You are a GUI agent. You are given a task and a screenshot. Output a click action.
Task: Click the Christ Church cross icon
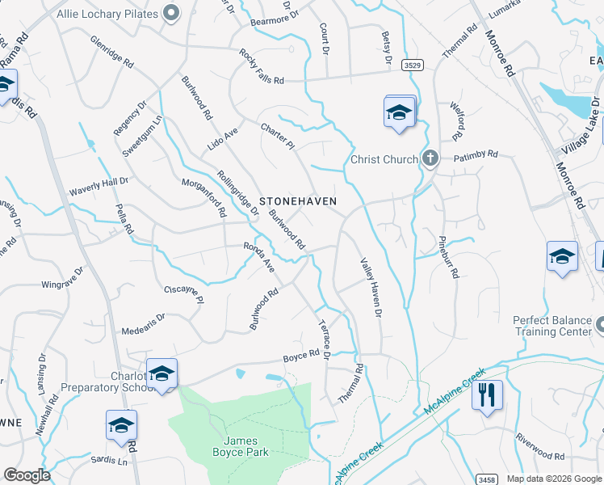pos(430,158)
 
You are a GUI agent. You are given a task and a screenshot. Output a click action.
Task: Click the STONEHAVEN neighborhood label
pos(297,200)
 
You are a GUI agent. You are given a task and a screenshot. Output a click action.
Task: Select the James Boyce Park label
pos(241,447)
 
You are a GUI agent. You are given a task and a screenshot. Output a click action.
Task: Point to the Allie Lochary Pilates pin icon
pos(170,12)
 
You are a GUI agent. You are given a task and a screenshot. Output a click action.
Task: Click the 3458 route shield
pos(486,479)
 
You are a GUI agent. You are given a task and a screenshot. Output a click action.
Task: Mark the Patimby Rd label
pos(476,154)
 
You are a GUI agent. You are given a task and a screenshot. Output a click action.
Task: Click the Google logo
pos(27,475)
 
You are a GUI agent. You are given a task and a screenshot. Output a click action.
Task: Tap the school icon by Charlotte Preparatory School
pos(161,373)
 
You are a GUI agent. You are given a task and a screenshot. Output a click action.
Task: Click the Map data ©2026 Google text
pos(553,479)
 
